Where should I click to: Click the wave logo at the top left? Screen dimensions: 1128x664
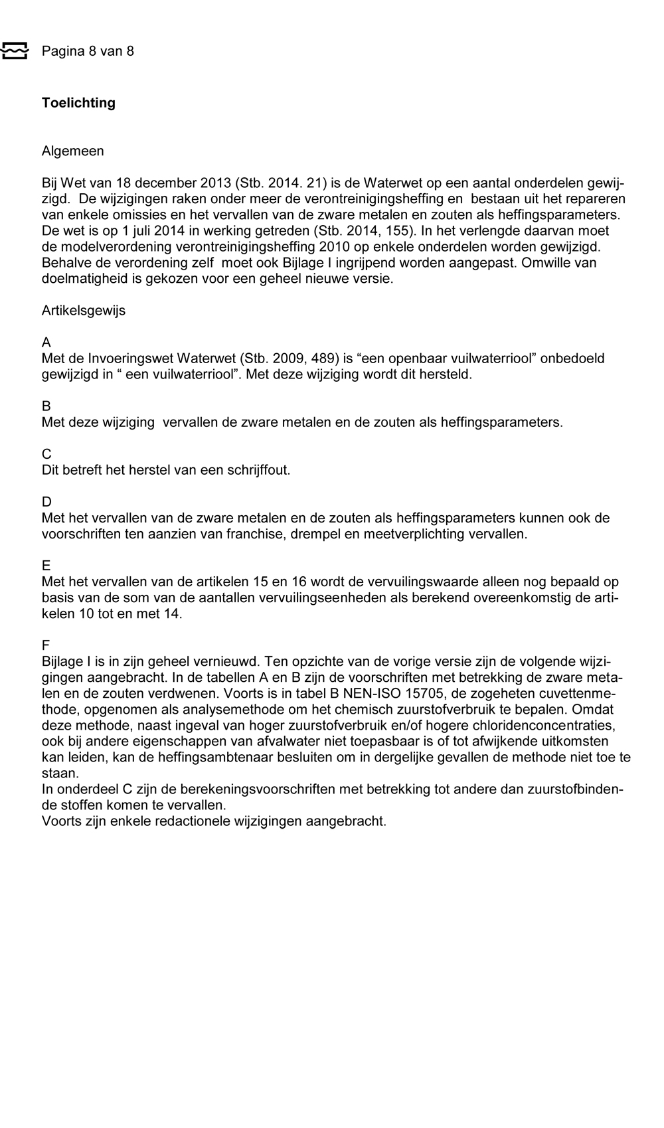(15, 50)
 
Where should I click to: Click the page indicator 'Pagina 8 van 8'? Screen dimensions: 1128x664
(88, 51)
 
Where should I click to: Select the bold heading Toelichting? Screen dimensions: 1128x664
(78, 103)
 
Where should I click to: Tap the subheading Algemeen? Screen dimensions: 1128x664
(73, 151)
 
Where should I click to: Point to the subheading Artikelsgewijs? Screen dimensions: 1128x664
(84, 311)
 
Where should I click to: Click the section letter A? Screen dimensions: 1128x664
(46, 343)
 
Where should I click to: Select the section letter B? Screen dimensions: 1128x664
(46, 406)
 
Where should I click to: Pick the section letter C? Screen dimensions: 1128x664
(46, 454)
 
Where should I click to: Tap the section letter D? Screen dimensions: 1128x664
(46, 502)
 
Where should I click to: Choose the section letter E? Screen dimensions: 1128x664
(46, 566)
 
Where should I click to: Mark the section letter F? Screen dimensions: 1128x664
(46, 645)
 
